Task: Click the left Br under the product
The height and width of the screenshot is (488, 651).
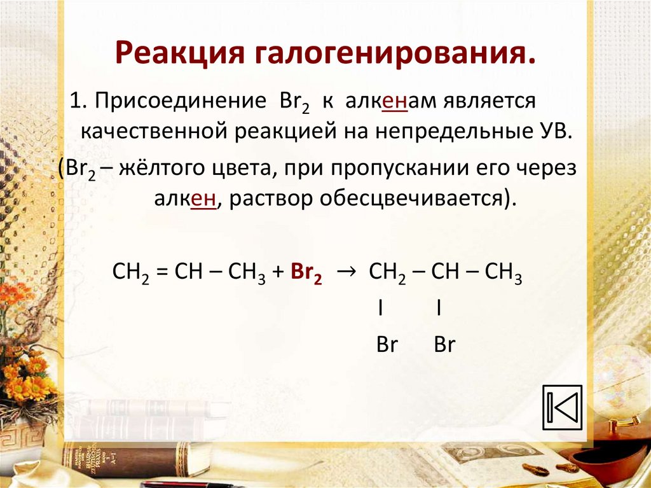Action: pyautogui.click(x=387, y=344)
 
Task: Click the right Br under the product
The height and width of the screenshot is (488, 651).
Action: pyautogui.click(x=444, y=344)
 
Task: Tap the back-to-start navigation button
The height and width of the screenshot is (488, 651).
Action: pyautogui.click(x=562, y=407)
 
